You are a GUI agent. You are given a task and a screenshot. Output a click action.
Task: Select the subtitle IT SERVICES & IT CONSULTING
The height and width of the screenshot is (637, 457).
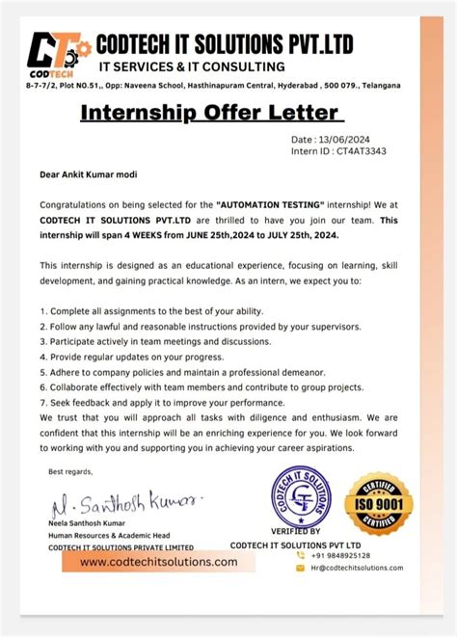click(194, 66)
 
